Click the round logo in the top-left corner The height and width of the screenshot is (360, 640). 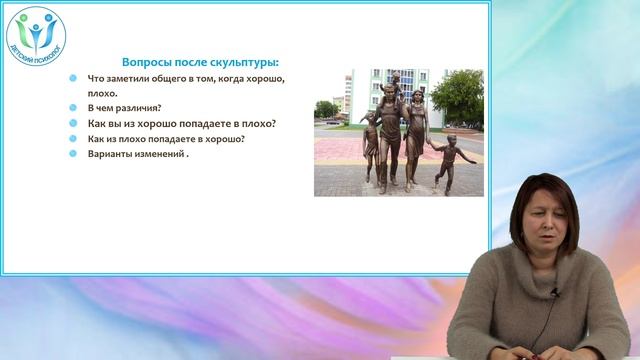(x=36, y=36)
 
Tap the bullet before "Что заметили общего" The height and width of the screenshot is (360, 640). (x=73, y=78)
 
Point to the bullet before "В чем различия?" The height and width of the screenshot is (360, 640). (x=73, y=108)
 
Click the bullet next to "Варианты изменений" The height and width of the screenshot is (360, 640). (x=73, y=155)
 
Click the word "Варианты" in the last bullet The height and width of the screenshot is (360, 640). (x=111, y=155)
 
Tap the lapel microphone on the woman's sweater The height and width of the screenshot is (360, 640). (x=555, y=292)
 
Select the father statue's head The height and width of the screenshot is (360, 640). (x=388, y=96)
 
